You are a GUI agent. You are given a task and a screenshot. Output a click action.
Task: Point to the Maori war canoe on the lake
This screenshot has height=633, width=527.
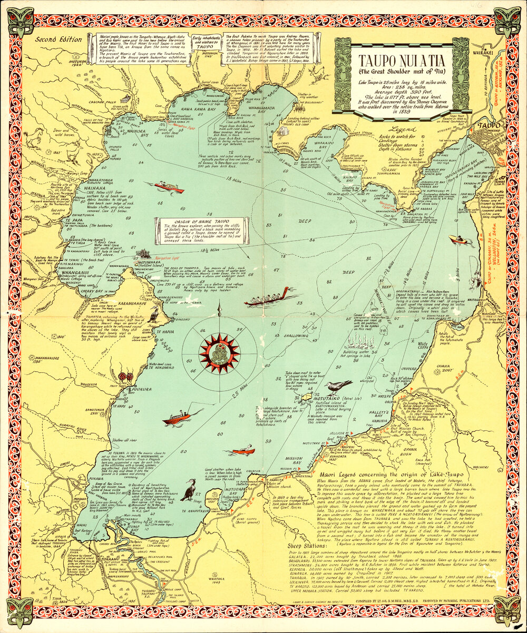point(267,299)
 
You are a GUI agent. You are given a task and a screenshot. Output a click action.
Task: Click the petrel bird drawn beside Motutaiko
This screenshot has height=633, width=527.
point(338,388)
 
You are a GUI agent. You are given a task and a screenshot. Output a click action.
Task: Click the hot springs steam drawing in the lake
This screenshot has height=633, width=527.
point(359,343)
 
